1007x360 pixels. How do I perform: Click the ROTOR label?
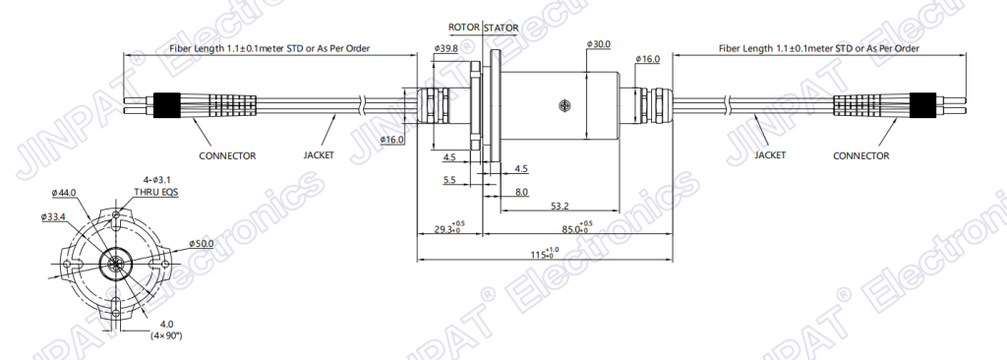click(464, 27)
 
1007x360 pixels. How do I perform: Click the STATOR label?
click(501, 28)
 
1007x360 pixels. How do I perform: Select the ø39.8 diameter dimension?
click(445, 48)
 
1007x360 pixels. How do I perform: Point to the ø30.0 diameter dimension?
click(599, 44)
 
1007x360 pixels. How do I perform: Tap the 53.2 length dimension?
click(560, 206)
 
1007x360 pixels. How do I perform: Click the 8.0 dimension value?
click(521, 192)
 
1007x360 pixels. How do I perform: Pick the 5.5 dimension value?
click(449, 181)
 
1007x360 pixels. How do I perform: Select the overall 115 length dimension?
click(544, 254)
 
